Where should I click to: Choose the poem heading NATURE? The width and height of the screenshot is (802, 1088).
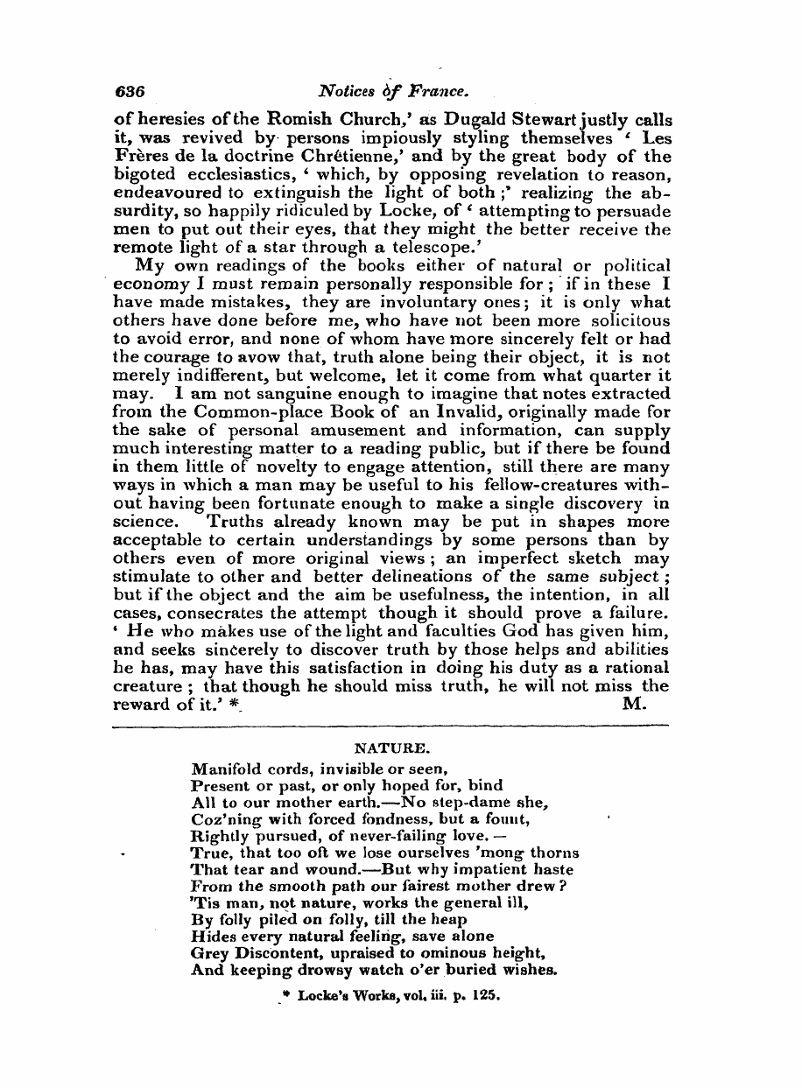click(390, 749)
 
